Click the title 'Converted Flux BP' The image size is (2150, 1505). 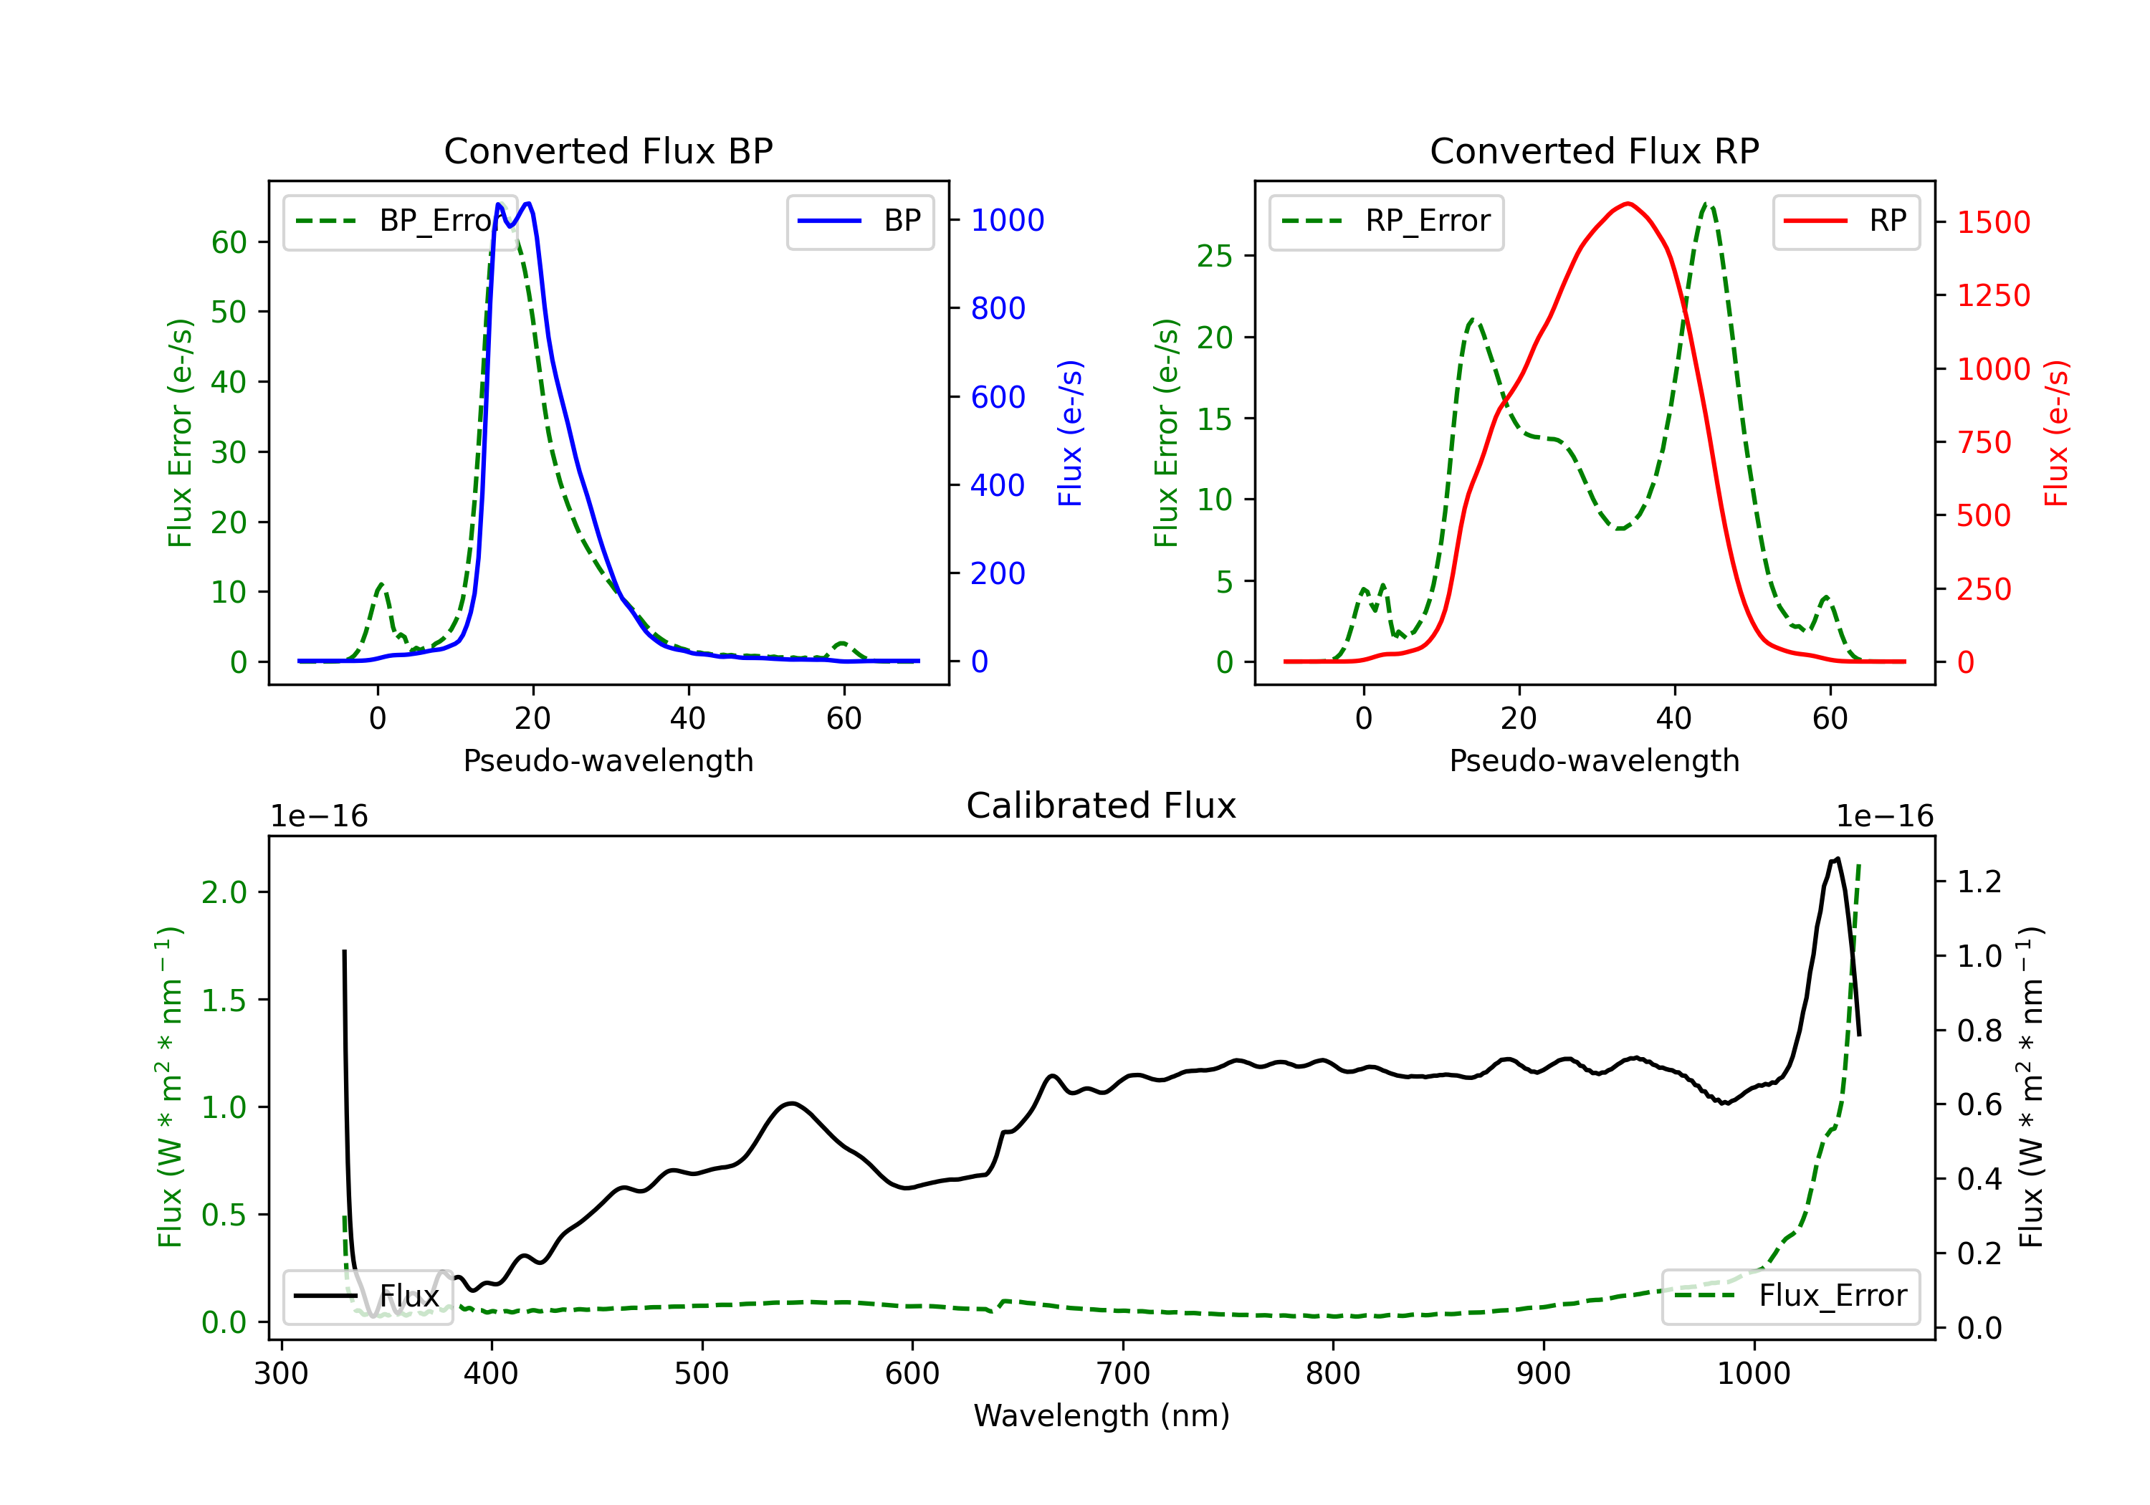(x=608, y=150)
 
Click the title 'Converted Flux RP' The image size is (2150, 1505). (x=1594, y=150)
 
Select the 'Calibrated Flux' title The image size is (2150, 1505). (x=1102, y=806)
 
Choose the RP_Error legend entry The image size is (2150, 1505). (x=1386, y=221)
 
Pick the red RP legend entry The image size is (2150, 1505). (x=1845, y=221)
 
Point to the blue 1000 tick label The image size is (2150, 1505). (x=1008, y=220)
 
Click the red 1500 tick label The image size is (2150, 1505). (x=1994, y=222)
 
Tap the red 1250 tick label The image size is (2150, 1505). (x=1994, y=295)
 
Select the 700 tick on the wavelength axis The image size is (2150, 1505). (x=1123, y=1374)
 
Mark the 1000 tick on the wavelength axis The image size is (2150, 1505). (x=1754, y=1374)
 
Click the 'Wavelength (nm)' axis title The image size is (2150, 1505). (x=1102, y=1415)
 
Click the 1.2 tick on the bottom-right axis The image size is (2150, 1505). (x=1979, y=881)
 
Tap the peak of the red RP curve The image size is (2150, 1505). (x=1628, y=204)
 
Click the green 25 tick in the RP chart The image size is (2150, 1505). (x=1215, y=256)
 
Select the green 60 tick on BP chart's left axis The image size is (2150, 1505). (x=229, y=242)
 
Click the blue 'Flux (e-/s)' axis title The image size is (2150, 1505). (x=1070, y=433)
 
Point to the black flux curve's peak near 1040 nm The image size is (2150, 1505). (x=1838, y=858)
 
